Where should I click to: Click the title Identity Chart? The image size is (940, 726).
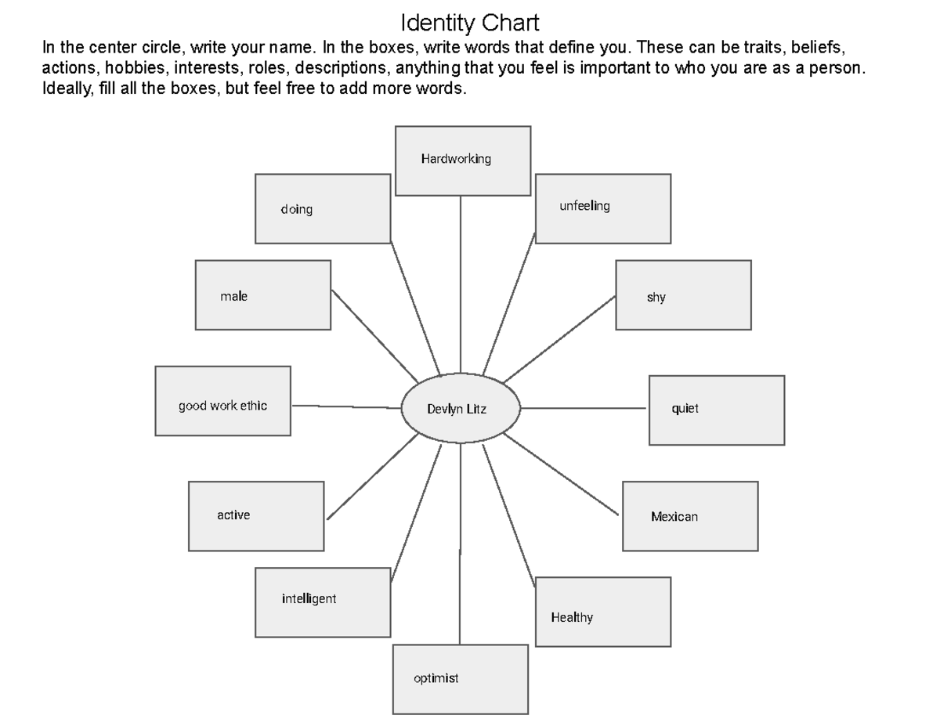pyautogui.click(x=470, y=22)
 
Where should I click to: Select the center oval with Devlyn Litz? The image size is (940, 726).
pyautogui.click(x=461, y=409)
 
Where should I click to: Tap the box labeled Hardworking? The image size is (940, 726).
pyautogui.click(x=463, y=161)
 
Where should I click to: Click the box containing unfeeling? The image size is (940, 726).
pyautogui.click(x=603, y=208)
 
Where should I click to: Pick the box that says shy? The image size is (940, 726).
pyautogui.click(x=683, y=295)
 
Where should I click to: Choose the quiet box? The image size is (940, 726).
pyautogui.click(x=717, y=410)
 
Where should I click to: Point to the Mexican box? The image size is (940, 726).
pyautogui.click(x=690, y=516)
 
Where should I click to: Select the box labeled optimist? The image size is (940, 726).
pyautogui.click(x=460, y=679)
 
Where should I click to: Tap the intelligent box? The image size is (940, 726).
pyautogui.click(x=323, y=602)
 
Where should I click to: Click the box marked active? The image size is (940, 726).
pyautogui.click(x=256, y=516)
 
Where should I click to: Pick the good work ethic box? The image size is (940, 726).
pyautogui.click(x=223, y=400)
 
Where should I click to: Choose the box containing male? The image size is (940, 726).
pyautogui.click(x=263, y=295)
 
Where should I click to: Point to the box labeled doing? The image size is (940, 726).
pyautogui.click(x=323, y=208)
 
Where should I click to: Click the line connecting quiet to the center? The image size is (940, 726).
pyautogui.click(x=584, y=408)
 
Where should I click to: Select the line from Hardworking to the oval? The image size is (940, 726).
pyautogui.click(x=461, y=282)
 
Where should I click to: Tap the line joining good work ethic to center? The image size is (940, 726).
pyautogui.click(x=345, y=406)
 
